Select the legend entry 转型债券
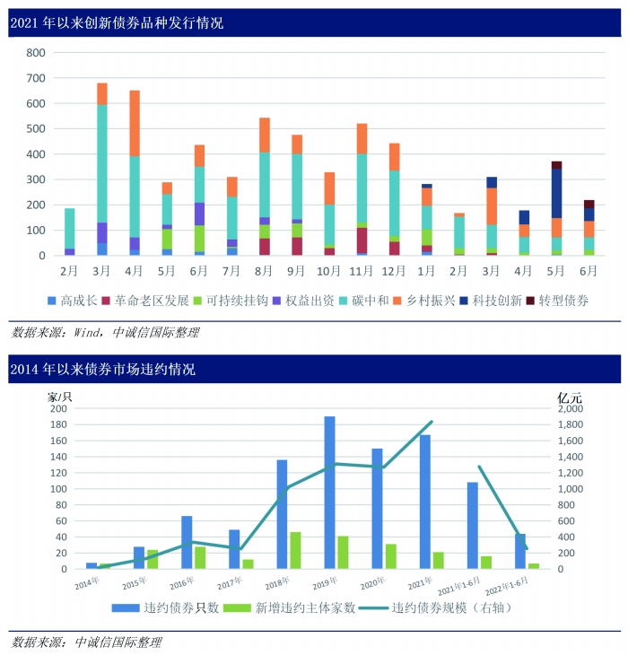[563, 301]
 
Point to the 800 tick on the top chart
[35, 53]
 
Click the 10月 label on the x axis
[328, 270]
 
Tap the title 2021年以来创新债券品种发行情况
[117, 23]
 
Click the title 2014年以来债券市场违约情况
[102, 369]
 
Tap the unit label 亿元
[569, 397]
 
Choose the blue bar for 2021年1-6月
[474, 525]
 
